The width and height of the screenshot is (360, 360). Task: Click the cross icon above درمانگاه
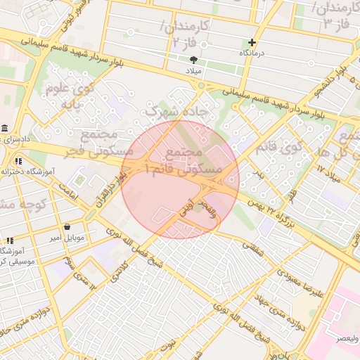[252, 43]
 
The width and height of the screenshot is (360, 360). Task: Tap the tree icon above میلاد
[204, 61]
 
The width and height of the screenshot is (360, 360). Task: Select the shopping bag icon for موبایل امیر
[67, 227]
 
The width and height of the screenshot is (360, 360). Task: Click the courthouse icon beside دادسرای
[4, 129]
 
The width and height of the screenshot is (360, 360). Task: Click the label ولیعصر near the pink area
[346, 338]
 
